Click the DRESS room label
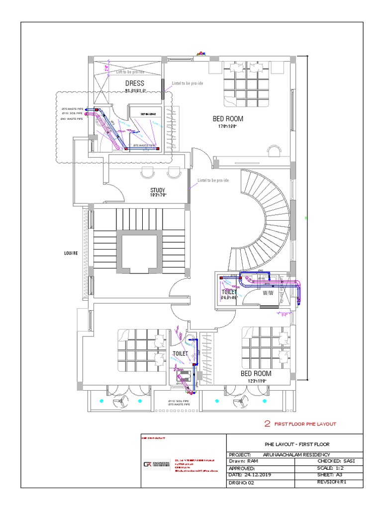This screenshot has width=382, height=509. click(134, 83)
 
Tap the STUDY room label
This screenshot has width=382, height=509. click(158, 190)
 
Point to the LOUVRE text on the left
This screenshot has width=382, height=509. click(71, 253)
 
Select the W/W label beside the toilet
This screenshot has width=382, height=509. click(268, 293)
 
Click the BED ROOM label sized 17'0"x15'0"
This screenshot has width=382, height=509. click(228, 119)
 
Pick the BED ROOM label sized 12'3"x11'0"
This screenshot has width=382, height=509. click(256, 373)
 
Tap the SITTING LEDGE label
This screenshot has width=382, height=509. click(150, 114)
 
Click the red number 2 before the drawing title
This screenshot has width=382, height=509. click(267, 424)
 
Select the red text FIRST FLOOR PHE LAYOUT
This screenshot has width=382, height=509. click(305, 424)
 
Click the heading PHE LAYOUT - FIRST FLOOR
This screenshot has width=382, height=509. click(296, 444)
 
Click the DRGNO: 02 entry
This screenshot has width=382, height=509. click(241, 482)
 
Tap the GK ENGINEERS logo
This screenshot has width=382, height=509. click(156, 465)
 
